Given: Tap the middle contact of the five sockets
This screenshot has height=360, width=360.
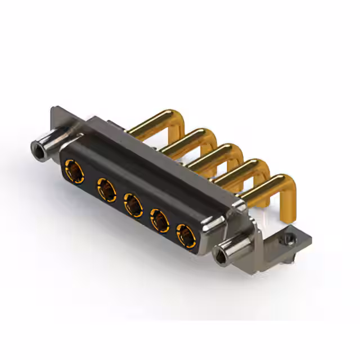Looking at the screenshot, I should point(132,205).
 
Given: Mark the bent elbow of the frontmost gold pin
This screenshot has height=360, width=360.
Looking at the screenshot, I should point(288,186).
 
